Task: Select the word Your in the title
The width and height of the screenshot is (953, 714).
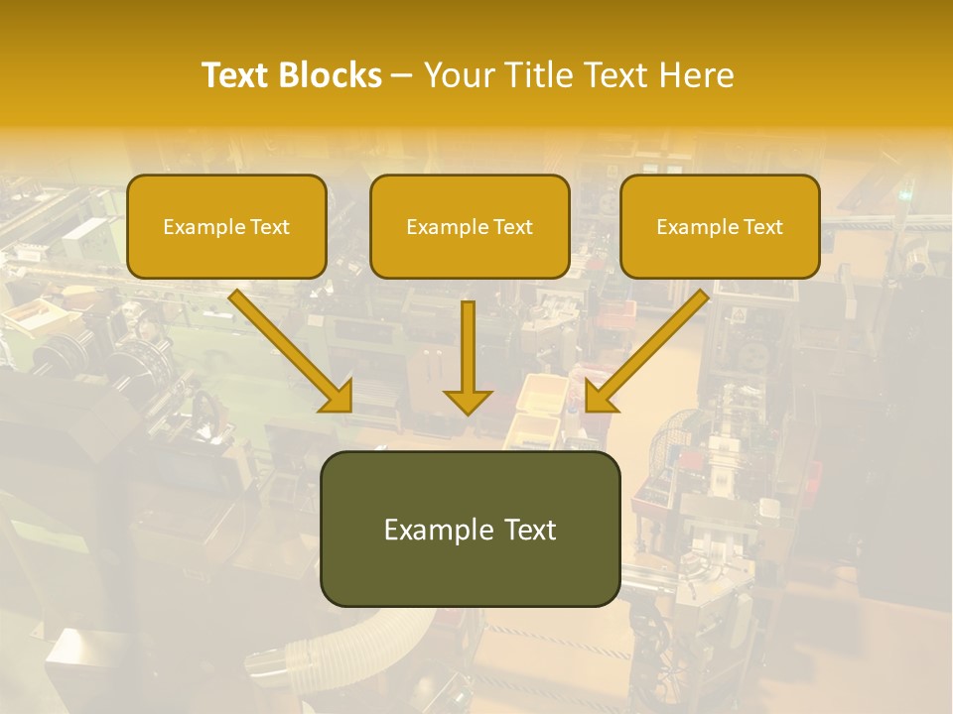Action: tap(460, 75)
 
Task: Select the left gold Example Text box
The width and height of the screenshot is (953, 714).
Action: tap(226, 227)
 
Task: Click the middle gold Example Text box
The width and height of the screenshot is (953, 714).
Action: tap(470, 227)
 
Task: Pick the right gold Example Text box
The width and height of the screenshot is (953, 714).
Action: tap(720, 227)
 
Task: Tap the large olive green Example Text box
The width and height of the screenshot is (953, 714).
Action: tap(470, 529)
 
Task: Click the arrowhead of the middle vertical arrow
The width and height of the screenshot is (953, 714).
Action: tap(468, 401)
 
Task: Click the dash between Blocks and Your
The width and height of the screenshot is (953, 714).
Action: tap(402, 75)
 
